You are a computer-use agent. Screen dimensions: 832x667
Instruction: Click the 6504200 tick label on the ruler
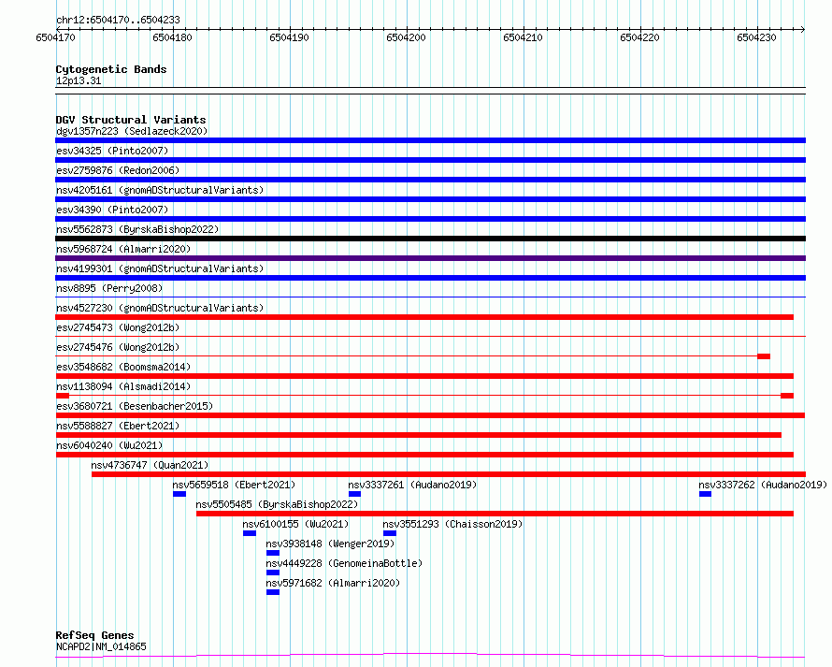(406, 37)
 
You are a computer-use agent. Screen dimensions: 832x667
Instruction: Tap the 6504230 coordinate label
(756, 37)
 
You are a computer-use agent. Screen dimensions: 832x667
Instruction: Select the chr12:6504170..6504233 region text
(119, 20)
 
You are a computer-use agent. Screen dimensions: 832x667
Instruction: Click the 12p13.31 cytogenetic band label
(79, 80)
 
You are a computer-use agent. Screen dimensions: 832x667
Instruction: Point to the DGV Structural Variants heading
(131, 120)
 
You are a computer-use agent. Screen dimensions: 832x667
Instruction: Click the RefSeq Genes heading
(94, 635)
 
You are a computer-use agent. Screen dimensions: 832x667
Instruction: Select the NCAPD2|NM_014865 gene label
(101, 646)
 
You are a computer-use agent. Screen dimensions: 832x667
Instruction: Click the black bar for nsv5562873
(430, 239)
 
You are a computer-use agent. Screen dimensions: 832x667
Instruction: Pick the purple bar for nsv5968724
(430, 258)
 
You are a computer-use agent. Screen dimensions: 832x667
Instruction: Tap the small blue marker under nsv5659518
(179, 494)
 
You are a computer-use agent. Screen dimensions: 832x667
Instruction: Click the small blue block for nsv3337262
(705, 494)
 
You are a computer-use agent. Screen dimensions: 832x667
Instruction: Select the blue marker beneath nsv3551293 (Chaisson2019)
(390, 533)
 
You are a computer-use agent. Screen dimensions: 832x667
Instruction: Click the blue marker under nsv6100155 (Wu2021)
(250, 533)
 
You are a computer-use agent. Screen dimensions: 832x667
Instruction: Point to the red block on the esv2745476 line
(764, 356)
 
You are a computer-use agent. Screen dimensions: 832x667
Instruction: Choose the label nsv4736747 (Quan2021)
(150, 465)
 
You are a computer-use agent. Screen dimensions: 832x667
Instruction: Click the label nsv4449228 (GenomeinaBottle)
(344, 563)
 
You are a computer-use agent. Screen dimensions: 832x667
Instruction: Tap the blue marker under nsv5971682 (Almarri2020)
(273, 592)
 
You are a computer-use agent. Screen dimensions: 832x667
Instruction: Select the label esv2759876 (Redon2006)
(118, 170)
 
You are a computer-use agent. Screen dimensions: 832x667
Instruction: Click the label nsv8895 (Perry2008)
(109, 288)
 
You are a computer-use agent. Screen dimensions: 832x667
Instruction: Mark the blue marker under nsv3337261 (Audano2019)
(354, 494)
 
